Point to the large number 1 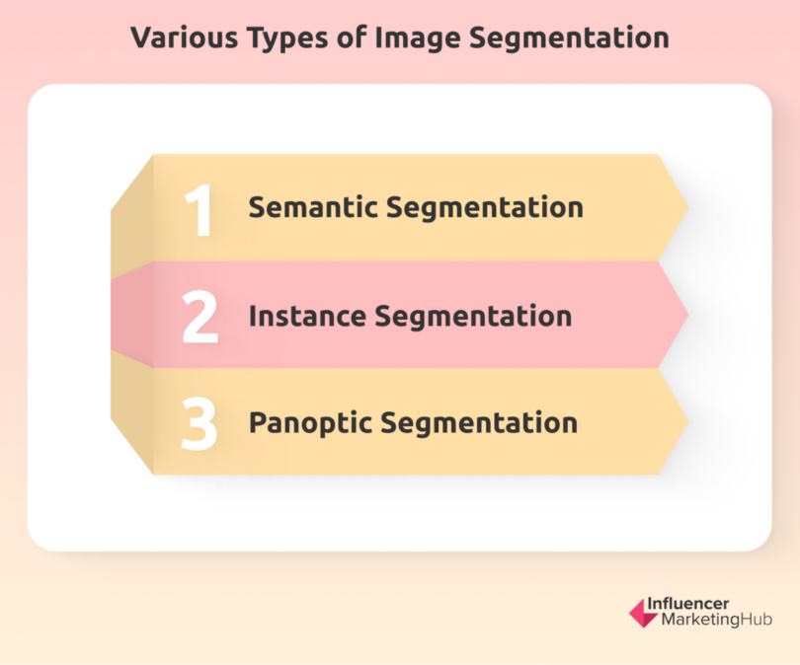tap(200, 208)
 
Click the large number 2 tap(200, 316)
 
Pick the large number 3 tap(200, 423)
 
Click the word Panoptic tap(310, 423)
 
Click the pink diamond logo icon tap(643, 613)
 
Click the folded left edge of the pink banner tap(131, 315)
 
